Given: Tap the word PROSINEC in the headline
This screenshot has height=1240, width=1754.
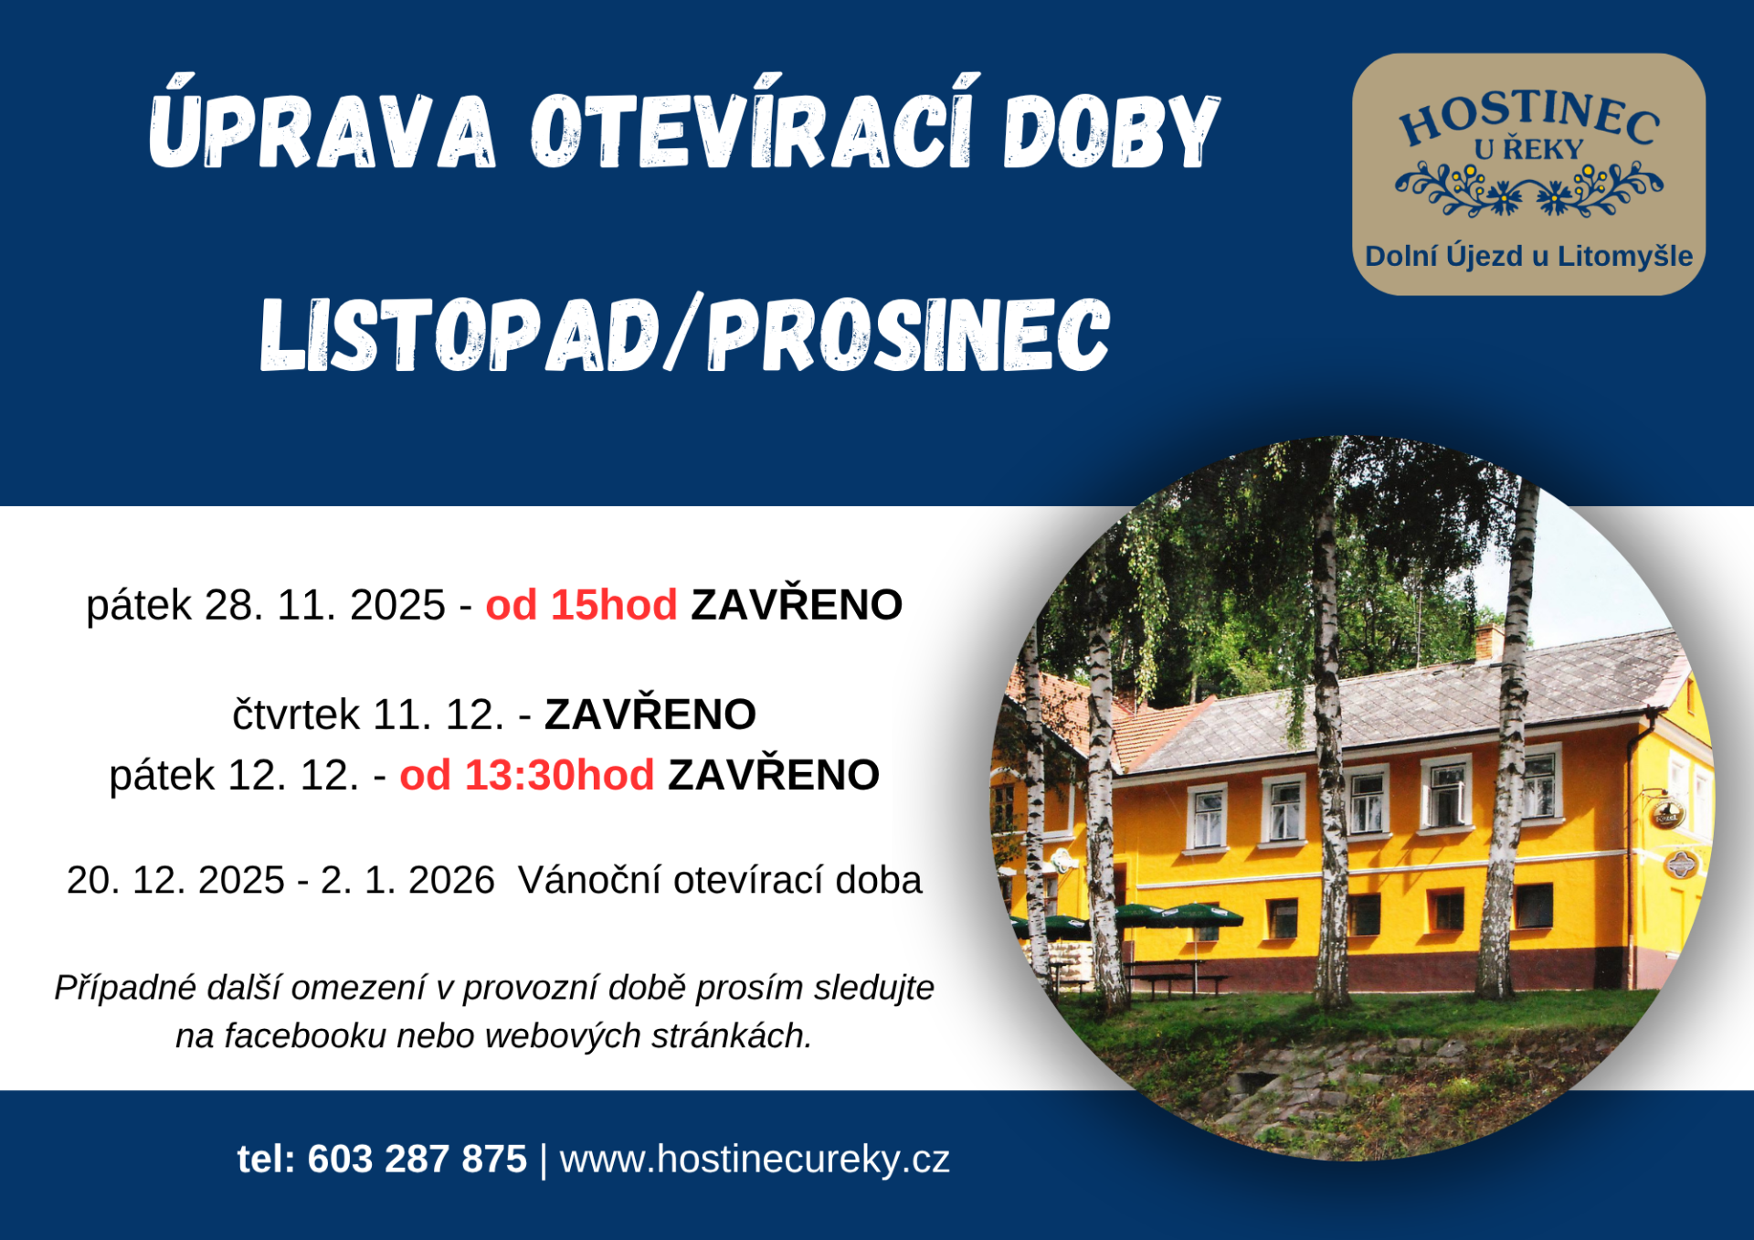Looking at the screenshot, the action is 909,334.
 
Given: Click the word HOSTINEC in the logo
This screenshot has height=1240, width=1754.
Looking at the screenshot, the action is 1529,117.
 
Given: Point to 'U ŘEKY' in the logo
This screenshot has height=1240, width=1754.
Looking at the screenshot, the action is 1528,149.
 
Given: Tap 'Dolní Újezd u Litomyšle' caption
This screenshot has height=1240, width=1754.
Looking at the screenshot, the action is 1528,257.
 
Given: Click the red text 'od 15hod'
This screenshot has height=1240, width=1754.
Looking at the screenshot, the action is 581,605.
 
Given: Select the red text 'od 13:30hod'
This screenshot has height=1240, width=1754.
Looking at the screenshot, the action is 527,775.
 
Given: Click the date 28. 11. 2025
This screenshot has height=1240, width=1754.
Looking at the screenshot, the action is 324,605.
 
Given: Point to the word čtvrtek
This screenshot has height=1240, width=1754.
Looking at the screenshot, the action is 296,715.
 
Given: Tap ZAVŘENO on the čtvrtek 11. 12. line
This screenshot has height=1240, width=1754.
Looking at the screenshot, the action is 650,715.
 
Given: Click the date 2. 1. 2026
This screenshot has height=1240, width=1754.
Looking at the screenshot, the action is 407,880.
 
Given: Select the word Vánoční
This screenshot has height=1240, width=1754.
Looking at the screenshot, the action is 590,880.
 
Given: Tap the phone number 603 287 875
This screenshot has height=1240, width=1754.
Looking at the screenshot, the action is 417,1160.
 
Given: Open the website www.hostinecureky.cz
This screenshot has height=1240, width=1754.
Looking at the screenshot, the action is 755,1160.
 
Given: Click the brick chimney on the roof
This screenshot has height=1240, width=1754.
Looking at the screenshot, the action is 1489,640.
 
